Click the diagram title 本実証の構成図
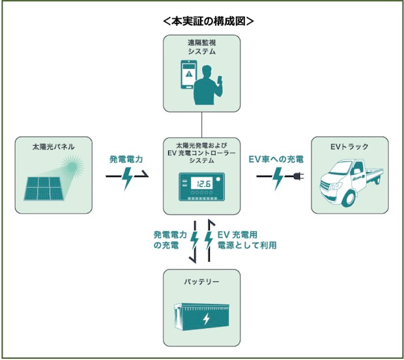pos(209,21)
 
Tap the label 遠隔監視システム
pos(202,47)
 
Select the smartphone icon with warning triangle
pos(188,74)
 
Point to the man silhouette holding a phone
pos(208,85)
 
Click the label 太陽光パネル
pos(53,146)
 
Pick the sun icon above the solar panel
pos(72,167)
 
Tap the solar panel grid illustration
pos(44,189)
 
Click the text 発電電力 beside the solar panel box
pos(126,159)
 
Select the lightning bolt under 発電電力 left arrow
pos(127,178)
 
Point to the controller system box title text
pos(202,153)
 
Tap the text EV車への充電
pos(276,159)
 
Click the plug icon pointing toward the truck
pos(298,176)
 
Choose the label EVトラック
pos(349,146)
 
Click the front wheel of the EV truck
pos(349,199)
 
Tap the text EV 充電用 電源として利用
pos(246,240)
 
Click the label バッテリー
pos(202,281)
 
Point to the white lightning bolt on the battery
pos(207,320)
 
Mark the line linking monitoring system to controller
pos(202,125)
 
